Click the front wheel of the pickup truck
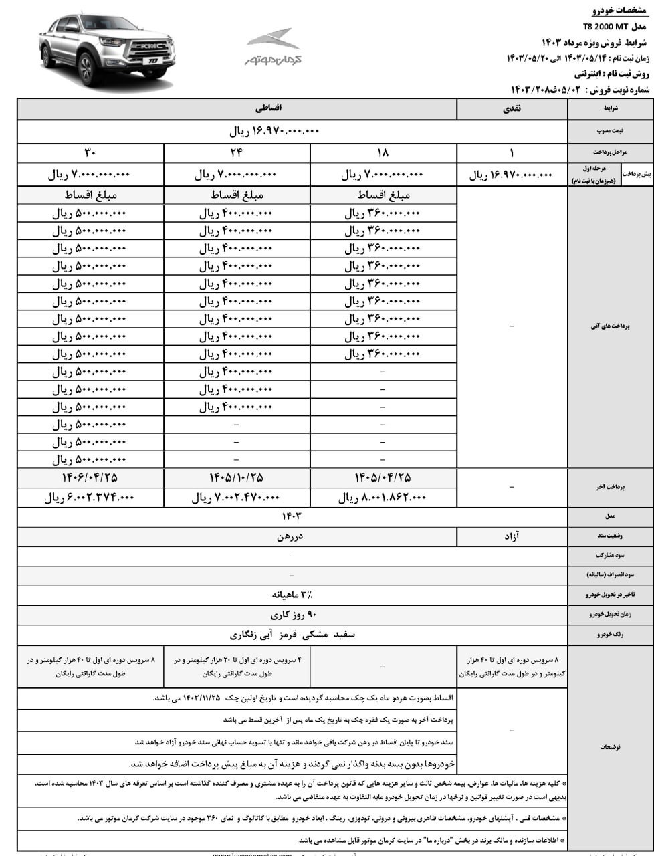click(88, 68)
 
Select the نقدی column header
click(512, 108)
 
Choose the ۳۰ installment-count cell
click(90, 153)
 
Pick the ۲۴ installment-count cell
click(237, 153)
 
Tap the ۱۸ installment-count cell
click(383, 153)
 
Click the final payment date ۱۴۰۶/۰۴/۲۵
click(90, 477)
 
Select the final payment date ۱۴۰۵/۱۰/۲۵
click(237, 477)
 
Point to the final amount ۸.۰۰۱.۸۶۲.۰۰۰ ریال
click(383, 498)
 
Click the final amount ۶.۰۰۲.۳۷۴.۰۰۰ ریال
click(90, 498)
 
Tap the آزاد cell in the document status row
click(512, 536)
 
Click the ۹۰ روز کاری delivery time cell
click(292, 614)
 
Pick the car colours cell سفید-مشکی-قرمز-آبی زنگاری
click(292, 634)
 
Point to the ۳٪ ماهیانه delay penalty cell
click(292, 594)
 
